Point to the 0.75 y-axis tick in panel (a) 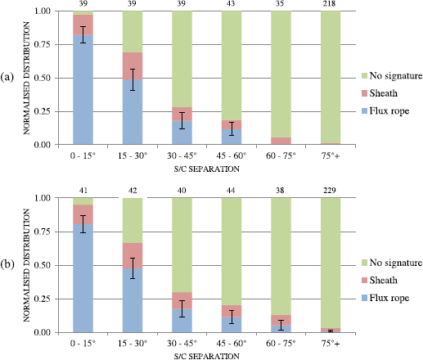[x=42, y=44]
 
